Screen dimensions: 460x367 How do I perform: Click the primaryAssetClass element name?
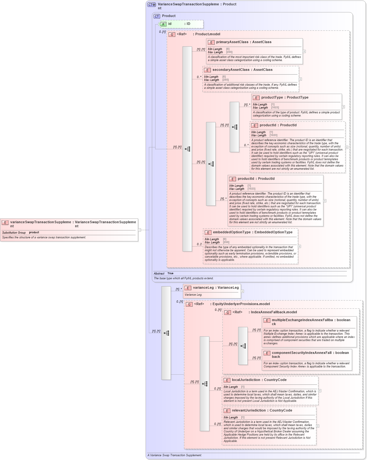point(232,42)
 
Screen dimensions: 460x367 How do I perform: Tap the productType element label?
point(272,98)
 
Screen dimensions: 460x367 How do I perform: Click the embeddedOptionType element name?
point(232,232)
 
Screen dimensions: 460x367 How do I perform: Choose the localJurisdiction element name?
point(246,380)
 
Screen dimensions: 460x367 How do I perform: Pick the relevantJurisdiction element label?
point(249,411)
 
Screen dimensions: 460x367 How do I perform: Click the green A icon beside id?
point(163,24)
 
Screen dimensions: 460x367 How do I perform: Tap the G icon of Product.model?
point(172,35)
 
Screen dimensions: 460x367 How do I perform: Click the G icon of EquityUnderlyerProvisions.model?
point(189,304)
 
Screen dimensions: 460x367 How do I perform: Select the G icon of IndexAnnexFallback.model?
point(228,313)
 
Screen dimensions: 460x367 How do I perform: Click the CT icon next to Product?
point(157,16)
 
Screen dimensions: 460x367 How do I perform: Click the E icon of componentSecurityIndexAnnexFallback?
point(267,353)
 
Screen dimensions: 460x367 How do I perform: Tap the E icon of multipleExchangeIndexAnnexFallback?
point(267,321)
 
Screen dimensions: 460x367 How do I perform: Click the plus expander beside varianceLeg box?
point(242,291)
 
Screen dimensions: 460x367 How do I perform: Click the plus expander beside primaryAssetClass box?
point(304,51)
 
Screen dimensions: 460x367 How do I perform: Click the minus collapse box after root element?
point(139,230)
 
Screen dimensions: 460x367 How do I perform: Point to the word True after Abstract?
point(170,273)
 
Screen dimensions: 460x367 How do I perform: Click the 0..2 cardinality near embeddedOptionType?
point(199,244)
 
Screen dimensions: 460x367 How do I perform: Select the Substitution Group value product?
point(34,233)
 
